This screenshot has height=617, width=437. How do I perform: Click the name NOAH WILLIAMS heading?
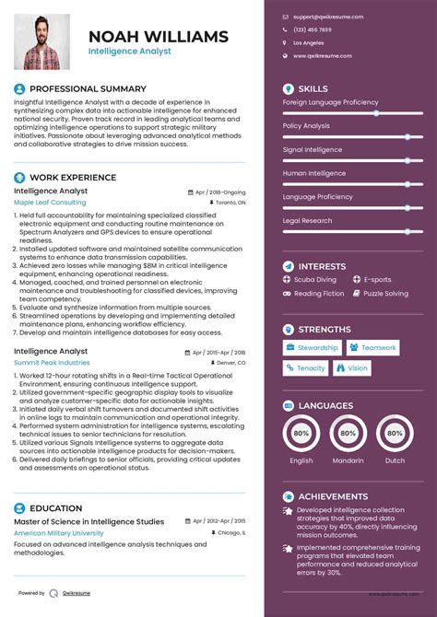pos(158,37)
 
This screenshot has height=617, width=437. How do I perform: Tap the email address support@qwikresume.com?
pos(328,17)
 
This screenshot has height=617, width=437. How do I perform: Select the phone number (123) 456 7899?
pos(314,29)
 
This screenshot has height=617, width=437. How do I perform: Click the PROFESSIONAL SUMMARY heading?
pos(88,88)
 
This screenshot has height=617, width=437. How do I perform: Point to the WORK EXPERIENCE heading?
pos(73,177)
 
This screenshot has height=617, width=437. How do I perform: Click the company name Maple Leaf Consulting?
pos(50,202)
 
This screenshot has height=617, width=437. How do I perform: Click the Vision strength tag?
pos(352,368)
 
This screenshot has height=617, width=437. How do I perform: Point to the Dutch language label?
pos(395,460)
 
